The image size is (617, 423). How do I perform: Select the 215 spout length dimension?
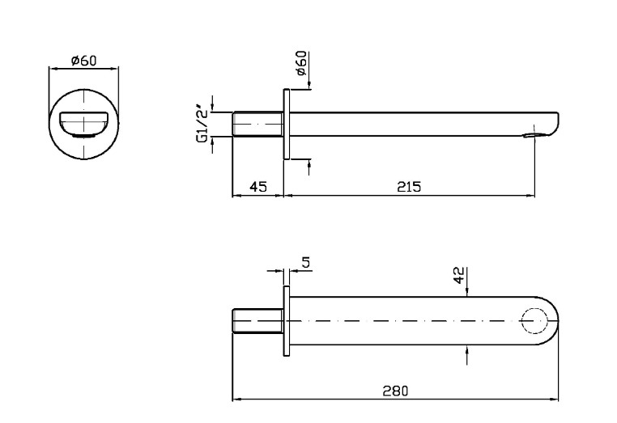409,187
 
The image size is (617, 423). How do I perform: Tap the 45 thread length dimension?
257,187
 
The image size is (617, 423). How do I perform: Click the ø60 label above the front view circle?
84,61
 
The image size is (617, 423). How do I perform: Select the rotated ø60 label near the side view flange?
301,63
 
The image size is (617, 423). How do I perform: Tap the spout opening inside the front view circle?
84,123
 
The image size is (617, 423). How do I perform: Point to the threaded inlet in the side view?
257,124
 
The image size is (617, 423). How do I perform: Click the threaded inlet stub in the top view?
257,321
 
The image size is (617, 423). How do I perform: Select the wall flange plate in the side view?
286,124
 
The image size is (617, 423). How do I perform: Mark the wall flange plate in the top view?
286,321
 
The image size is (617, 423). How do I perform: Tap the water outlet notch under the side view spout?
531,134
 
